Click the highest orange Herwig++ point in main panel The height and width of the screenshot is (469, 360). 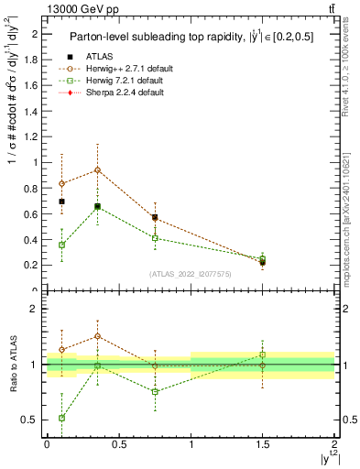coord(97,170)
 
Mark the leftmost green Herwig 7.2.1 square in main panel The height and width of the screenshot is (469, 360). coord(61,245)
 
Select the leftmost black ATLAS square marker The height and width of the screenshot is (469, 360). coord(61,202)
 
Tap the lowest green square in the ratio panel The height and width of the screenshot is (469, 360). coord(61,418)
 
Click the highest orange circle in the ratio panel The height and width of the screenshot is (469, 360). coord(97,336)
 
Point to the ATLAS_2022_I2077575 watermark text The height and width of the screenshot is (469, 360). coord(191,273)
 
